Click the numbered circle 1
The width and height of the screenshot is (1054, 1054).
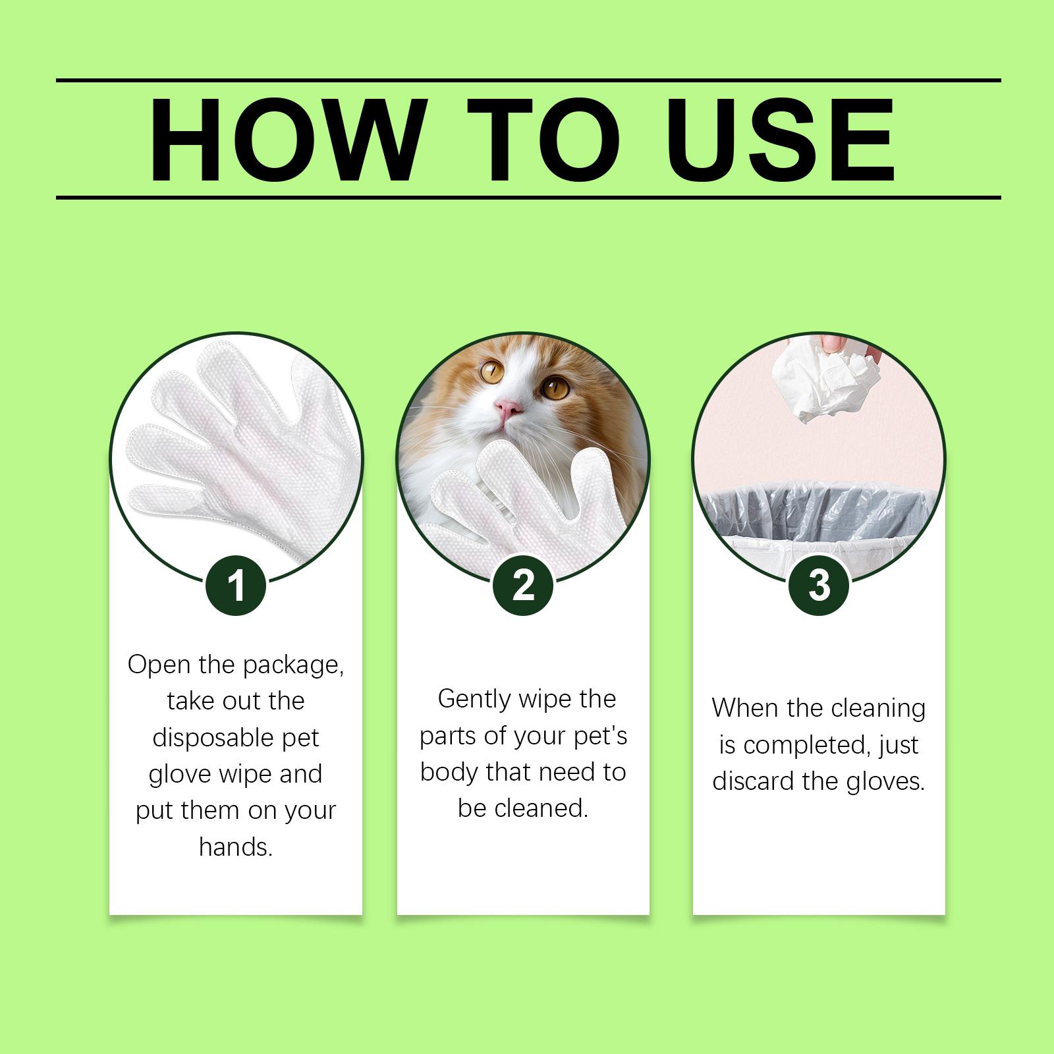(x=236, y=585)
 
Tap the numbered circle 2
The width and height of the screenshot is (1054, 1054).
(x=523, y=585)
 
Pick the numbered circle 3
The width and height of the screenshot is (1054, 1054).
(x=819, y=585)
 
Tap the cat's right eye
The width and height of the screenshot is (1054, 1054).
(x=555, y=387)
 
